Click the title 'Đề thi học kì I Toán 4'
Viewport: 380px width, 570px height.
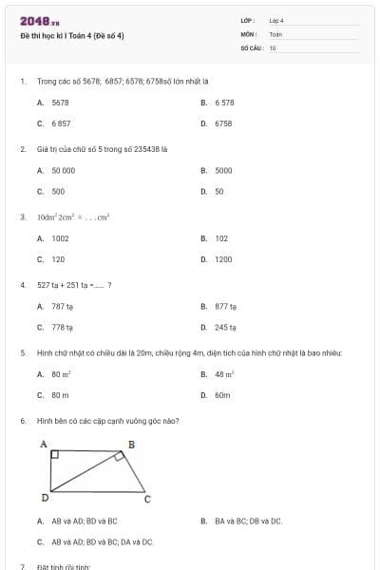72,36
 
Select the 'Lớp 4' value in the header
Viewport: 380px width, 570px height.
276,20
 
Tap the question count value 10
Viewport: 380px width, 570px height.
273,47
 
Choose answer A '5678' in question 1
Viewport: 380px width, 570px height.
60,102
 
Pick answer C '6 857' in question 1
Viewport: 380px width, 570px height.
61,123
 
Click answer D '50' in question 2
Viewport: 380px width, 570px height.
218,191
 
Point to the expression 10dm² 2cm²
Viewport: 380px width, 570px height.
61,217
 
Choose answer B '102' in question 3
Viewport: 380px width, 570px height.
221,238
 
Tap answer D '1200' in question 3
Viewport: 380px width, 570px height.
223,259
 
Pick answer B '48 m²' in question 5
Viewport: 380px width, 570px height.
224,374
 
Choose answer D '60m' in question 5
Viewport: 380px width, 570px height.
222,395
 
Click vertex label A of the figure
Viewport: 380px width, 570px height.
43,444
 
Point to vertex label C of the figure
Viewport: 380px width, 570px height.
146,498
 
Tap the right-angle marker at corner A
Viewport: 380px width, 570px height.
54,456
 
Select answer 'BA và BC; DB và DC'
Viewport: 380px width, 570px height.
248,521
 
